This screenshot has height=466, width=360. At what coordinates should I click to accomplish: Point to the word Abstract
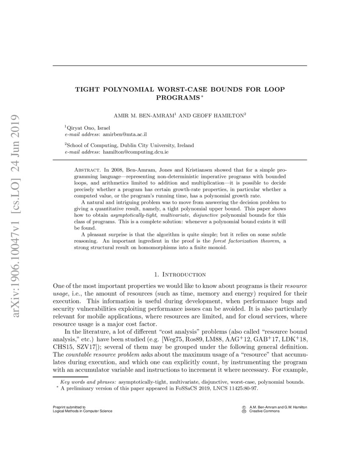[x=88, y=169]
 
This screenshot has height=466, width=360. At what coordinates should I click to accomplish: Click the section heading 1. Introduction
[x=180, y=275]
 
